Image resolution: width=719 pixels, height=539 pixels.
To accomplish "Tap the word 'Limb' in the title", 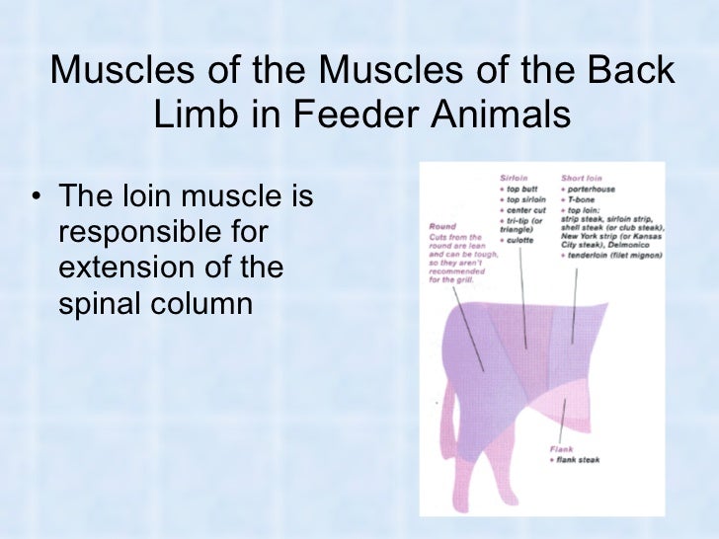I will (x=193, y=115).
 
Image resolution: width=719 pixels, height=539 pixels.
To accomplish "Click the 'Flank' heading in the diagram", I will (x=560, y=449).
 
